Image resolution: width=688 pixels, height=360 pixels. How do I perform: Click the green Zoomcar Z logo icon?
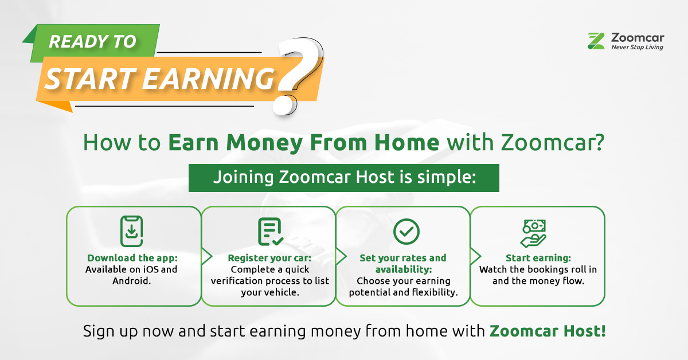[596, 41]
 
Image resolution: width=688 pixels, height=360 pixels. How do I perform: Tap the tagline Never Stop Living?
[637, 48]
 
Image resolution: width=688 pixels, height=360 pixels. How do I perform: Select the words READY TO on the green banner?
[92, 42]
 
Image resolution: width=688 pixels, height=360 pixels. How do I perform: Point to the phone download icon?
[131, 231]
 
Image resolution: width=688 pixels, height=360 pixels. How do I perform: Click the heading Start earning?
[538, 258]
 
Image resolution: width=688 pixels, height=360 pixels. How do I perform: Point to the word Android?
[131, 280]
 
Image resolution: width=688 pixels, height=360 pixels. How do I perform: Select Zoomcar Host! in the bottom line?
[547, 331]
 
